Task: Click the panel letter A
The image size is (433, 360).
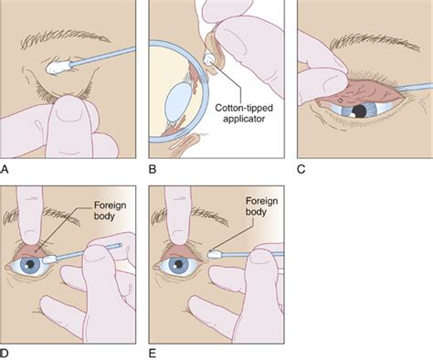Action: (x=7, y=168)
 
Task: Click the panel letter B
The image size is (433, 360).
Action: (x=152, y=168)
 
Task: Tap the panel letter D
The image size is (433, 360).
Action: (x=7, y=351)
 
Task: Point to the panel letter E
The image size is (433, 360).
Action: (x=152, y=351)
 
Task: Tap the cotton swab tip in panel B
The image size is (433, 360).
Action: (x=212, y=59)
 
